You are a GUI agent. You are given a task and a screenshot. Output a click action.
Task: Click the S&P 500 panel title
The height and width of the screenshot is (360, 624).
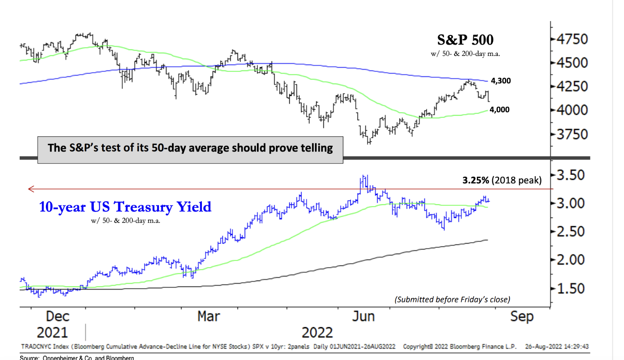tap(465, 40)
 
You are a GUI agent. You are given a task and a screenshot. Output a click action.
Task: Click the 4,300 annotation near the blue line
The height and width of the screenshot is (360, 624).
tap(501, 81)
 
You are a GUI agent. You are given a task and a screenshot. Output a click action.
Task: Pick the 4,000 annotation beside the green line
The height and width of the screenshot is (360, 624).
tap(500, 110)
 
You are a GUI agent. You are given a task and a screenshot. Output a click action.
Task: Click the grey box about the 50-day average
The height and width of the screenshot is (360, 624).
tap(190, 148)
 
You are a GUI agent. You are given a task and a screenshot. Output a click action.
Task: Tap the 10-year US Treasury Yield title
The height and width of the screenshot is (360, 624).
tap(125, 207)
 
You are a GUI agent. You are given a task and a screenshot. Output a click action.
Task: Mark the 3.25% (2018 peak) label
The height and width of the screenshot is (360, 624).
tap(502, 180)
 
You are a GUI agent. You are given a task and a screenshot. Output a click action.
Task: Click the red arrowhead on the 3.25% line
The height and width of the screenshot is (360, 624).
tap(31, 189)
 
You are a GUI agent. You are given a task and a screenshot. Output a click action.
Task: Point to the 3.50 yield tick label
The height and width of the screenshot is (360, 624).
tap(571, 175)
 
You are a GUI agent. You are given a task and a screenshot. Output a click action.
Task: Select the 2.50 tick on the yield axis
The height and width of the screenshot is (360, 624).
tap(571, 232)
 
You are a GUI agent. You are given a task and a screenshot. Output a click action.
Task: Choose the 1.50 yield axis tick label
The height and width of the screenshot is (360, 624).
tap(571, 289)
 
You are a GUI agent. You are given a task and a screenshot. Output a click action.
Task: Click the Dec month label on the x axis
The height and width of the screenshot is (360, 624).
tap(58, 316)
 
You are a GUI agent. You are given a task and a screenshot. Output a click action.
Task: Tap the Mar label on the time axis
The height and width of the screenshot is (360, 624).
tap(209, 316)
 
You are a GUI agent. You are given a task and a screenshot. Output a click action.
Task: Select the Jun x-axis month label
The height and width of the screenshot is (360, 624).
tap(363, 316)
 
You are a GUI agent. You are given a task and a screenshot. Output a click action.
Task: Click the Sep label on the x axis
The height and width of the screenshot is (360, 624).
tap(521, 316)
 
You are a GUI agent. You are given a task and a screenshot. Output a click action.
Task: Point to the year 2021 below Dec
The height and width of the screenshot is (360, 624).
tap(52, 333)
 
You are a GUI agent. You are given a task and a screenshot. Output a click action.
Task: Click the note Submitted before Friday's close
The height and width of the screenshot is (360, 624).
tap(452, 299)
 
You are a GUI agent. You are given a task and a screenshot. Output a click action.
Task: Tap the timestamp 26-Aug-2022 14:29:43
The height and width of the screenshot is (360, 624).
tap(557, 347)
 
